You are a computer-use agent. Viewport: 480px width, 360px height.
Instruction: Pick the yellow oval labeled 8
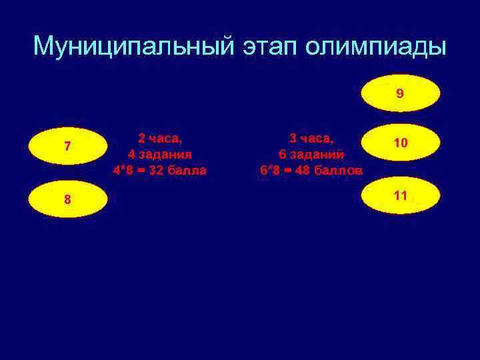click(x=68, y=199)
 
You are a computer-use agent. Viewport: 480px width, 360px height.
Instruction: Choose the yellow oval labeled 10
click(x=400, y=143)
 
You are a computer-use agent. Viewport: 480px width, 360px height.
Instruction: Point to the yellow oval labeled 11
click(x=400, y=196)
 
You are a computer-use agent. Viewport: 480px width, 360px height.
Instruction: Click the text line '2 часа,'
click(x=160, y=138)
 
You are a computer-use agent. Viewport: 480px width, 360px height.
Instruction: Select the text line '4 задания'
click(x=160, y=154)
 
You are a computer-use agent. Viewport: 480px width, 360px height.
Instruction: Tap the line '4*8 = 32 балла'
click(x=160, y=170)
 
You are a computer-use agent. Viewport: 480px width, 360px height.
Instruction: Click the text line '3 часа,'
click(x=311, y=138)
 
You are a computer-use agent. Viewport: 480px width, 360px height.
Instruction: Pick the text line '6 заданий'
click(x=311, y=154)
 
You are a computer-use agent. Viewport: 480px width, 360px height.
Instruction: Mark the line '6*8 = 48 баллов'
click(x=311, y=170)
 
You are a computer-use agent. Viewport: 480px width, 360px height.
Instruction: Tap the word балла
click(x=189, y=170)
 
